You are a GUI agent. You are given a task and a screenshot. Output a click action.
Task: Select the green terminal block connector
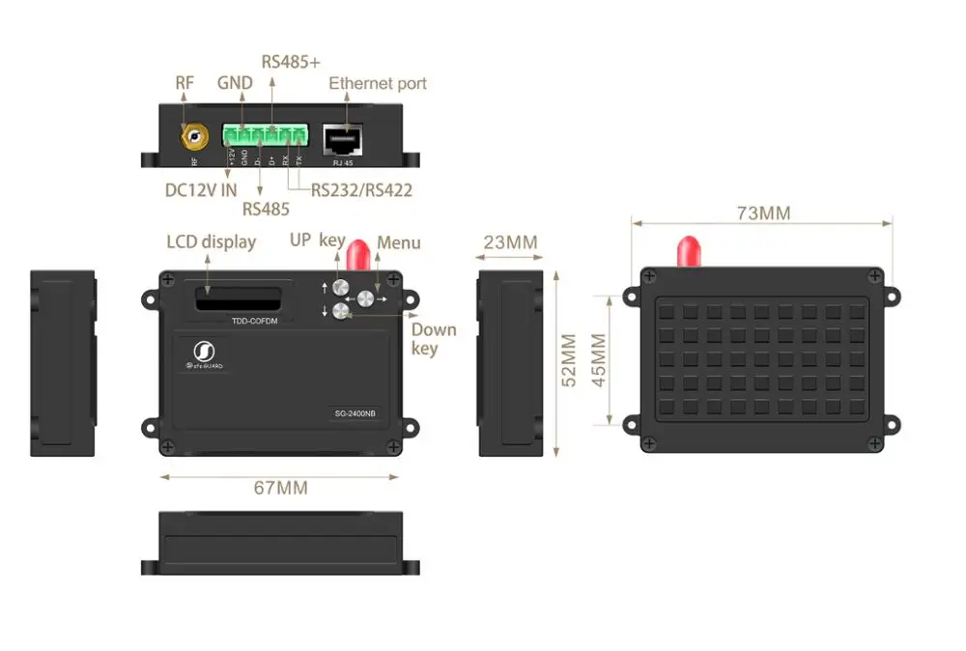pyautogui.click(x=265, y=134)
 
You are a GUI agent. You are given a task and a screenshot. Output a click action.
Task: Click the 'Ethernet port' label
pyautogui.click(x=378, y=83)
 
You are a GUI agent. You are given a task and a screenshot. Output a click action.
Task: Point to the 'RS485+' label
pyautogui.click(x=291, y=62)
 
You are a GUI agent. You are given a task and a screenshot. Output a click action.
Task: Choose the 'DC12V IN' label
pyautogui.click(x=201, y=189)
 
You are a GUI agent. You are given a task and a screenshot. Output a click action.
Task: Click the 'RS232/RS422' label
pyautogui.click(x=361, y=189)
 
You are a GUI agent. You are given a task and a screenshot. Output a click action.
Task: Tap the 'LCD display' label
pyautogui.click(x=211, y=241)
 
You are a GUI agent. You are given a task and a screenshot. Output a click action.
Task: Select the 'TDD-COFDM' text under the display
pyautogui.click(x=254, y=321)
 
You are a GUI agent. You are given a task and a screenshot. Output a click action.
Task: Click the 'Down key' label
pyautogui.click(x=433, y=339)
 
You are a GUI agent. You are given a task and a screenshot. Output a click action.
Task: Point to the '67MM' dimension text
pyautogui.click(x=280, y=488)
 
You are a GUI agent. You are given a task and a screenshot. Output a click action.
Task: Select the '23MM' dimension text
pyautogui.click(x=510, y=242)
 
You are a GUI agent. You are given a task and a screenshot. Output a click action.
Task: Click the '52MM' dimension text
pyautogui.click(x=569, y=359)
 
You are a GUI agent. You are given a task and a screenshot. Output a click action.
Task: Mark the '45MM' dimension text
pyautogui.click(x=597, y=359)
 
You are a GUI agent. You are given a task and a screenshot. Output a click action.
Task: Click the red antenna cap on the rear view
pyautogui.click(x=689, y=250)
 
